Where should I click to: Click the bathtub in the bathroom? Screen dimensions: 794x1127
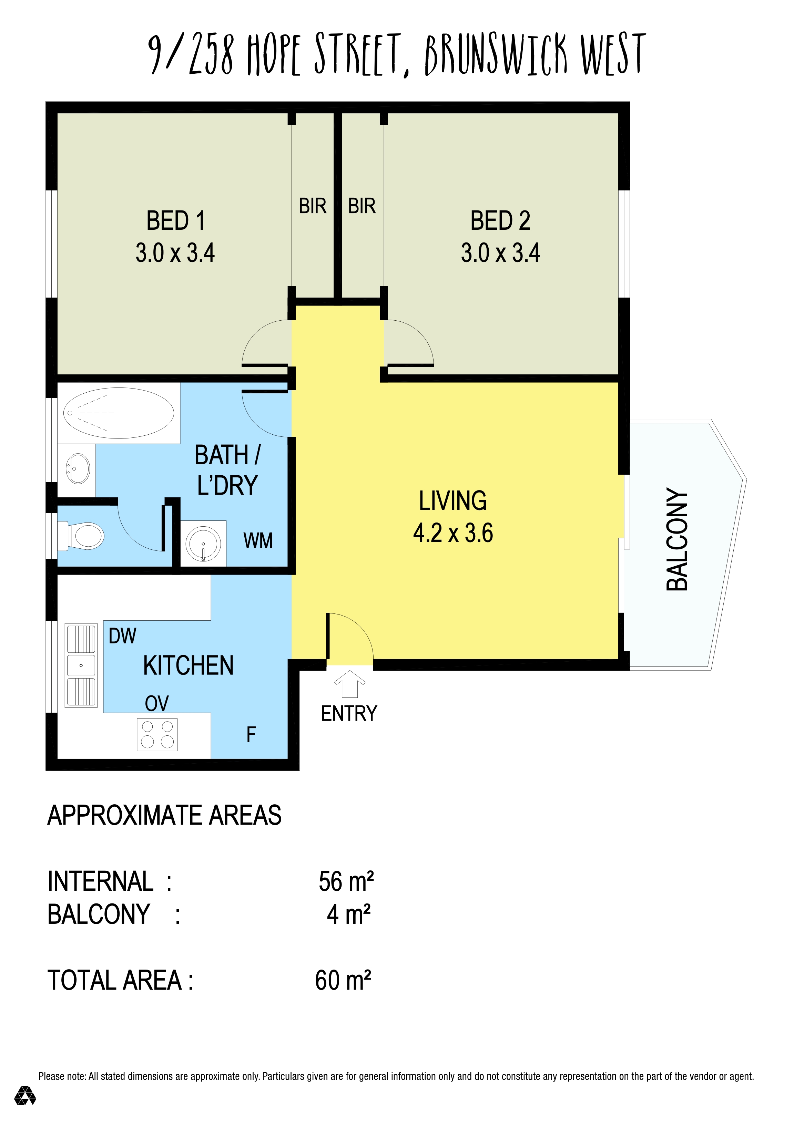pos(118,413)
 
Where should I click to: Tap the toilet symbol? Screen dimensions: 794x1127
pos(82,536)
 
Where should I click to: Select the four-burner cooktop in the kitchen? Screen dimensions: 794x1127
pos(157,734)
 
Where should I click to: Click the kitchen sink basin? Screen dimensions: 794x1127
pos(81,665)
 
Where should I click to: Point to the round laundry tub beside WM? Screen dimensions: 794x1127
pos(203,544)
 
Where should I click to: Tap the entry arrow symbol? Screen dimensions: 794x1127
pos(350,684)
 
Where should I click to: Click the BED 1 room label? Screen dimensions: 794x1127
pos(176,220)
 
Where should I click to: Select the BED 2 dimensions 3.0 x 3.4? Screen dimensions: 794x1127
pos(500,253)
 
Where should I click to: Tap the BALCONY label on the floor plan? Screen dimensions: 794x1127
pos(677,539)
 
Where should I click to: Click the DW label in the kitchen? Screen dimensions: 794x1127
pos(122,636)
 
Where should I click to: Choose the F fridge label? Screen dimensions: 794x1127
pos(251,734)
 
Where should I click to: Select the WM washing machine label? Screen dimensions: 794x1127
pos(258,540)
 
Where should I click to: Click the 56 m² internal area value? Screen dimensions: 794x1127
pos(346,881)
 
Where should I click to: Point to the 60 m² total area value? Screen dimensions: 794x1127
pos(343,980)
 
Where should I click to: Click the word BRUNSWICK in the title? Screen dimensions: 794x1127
pos(496,54)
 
